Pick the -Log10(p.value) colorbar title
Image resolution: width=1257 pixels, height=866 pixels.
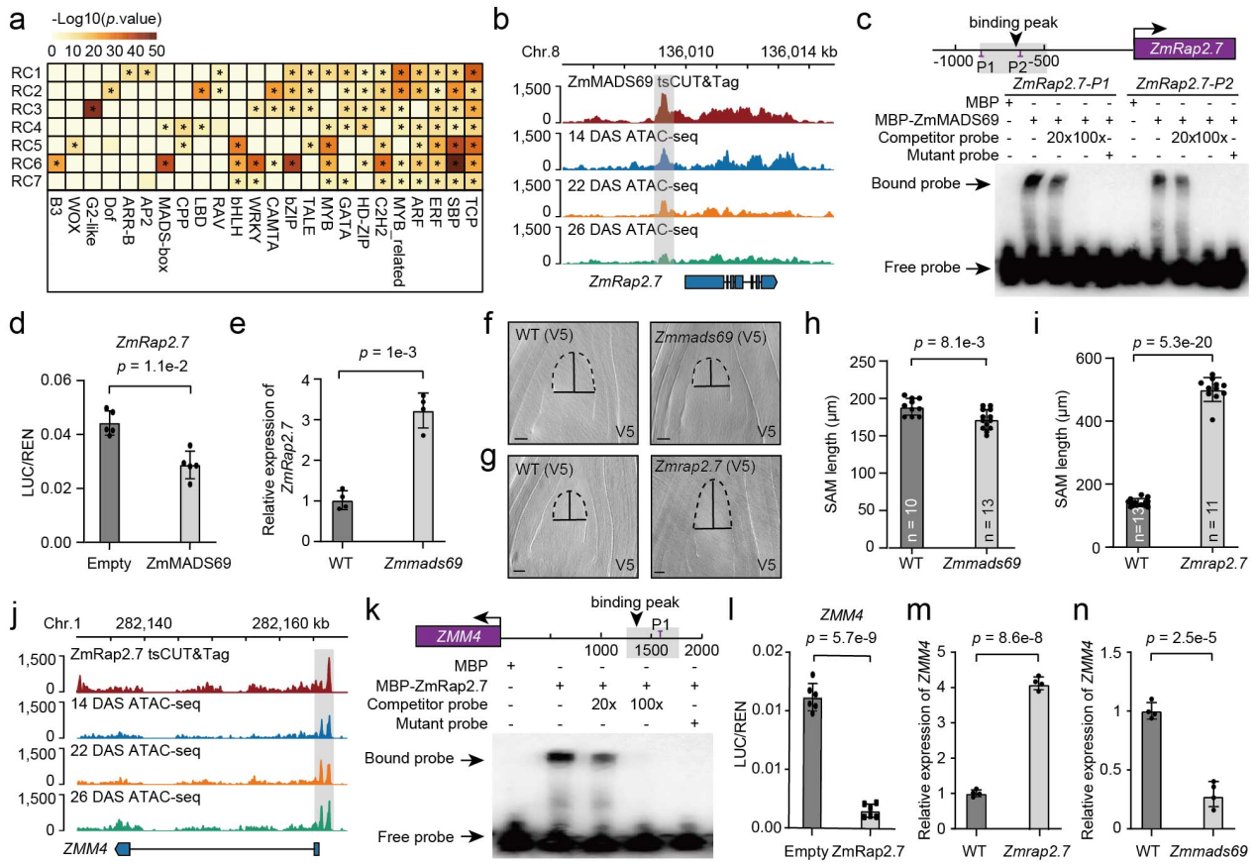click(x=106, y=18)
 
